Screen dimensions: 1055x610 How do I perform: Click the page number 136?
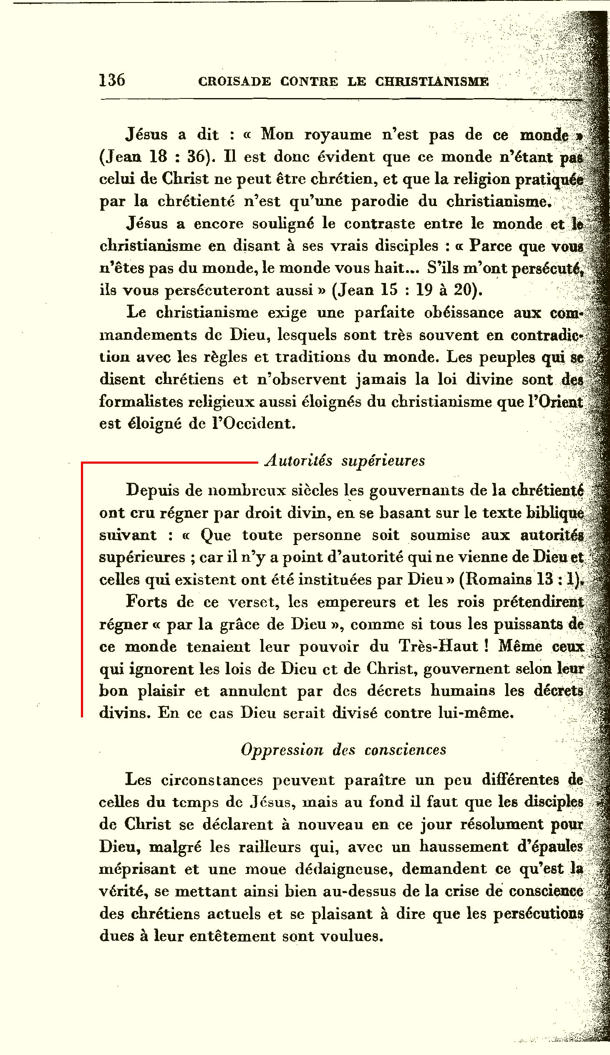[x=112, y=80]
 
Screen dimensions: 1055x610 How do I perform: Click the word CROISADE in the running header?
[x=234, y=81]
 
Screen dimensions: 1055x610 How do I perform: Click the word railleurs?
[x=269, y=847]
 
